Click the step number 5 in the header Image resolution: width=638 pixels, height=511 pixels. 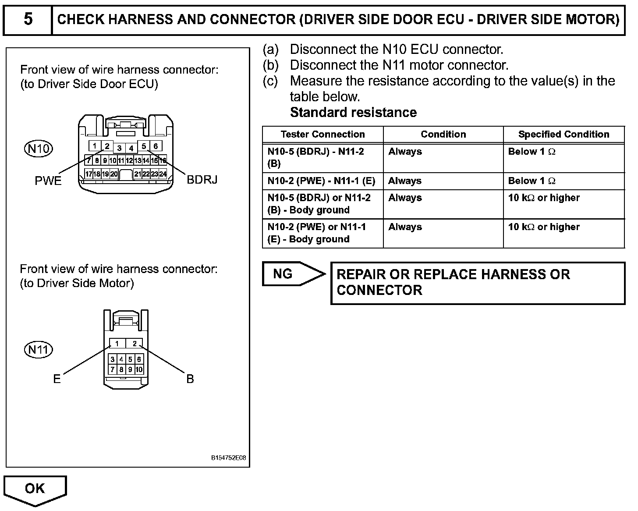(28, 19)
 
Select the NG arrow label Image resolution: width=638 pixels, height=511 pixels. (283, 274)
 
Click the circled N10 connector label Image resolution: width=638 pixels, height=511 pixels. (38, 149)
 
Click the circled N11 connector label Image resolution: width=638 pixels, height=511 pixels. (38, 349)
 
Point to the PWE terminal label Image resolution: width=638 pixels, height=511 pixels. (48, 181)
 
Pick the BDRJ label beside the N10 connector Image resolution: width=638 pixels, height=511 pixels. (202, 180)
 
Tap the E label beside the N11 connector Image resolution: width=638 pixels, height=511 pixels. (57, 379)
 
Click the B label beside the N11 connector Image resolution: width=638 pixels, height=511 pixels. (190, 379)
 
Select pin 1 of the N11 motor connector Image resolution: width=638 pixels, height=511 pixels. (117, 344)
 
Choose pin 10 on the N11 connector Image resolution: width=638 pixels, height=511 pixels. (139, 369)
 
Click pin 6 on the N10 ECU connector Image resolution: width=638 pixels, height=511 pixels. (156, 146)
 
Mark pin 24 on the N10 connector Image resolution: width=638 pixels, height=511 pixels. (163, 174)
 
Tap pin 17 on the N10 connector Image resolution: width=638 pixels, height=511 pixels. (89, 174)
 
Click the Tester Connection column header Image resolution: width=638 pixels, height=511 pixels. (323, 135)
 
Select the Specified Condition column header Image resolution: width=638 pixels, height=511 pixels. (564, 135)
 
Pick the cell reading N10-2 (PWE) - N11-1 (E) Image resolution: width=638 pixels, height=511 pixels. (321, 181)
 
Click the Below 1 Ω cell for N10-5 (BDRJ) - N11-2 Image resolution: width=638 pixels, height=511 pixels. (532, 152)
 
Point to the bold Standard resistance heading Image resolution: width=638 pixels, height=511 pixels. (353, 113)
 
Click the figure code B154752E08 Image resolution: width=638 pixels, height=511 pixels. (228, 458)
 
